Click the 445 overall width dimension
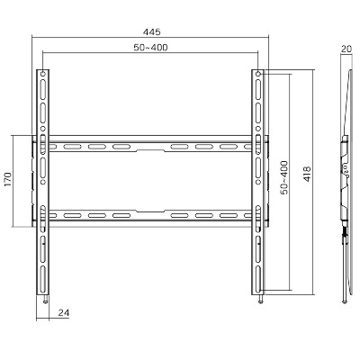point(152,31)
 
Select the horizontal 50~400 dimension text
point(150,48)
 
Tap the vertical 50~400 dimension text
point(284,177)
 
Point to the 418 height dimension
point(308,174)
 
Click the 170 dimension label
point(8,179)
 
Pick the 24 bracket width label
point(64,313)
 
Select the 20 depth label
point(346,49)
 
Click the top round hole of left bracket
point(43,74)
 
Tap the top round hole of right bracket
point(258,74)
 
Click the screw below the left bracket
point(45,299)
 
